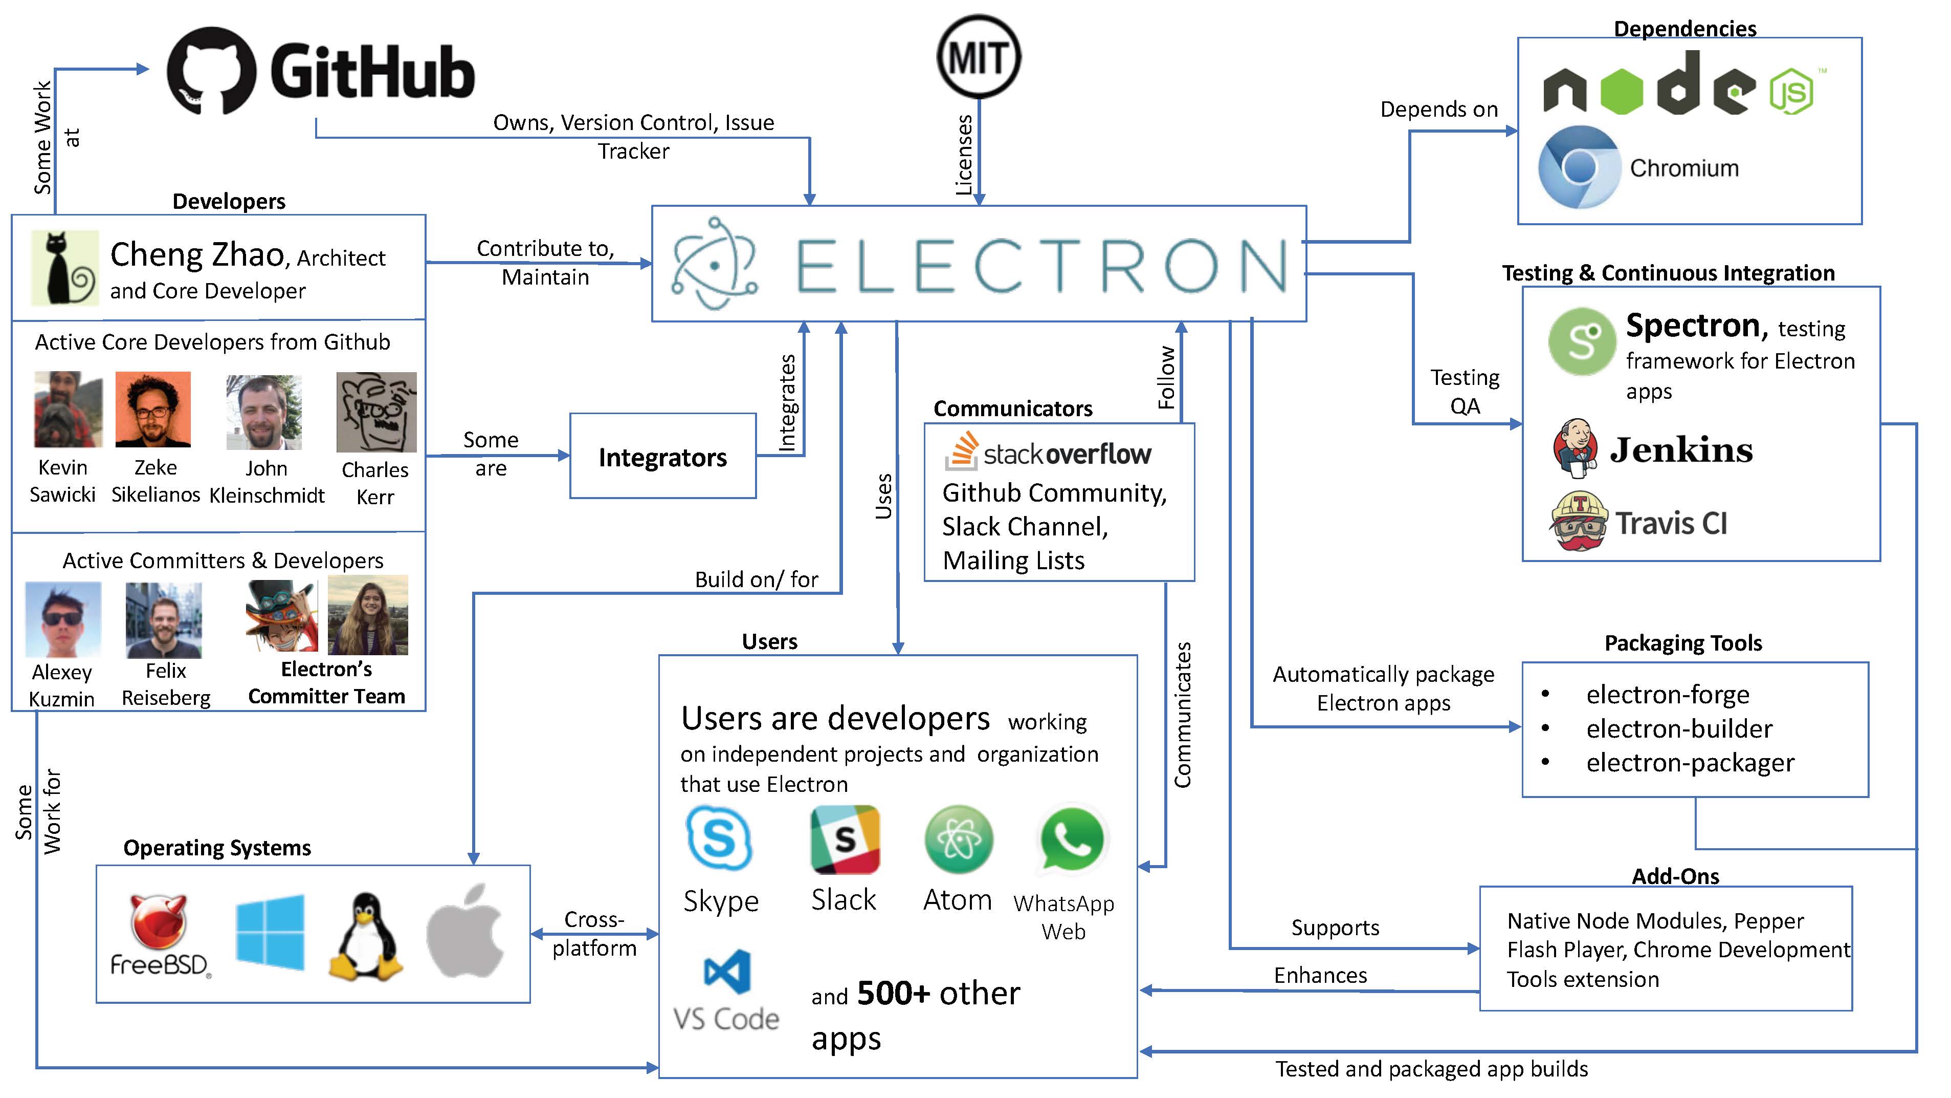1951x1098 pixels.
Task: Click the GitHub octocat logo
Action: point(211,71)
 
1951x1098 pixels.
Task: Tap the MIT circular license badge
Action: point(979,57)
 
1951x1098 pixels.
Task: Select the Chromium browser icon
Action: point(1579,167)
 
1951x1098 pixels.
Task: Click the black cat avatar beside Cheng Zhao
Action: point(65,268)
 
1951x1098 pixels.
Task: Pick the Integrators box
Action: point(663,456)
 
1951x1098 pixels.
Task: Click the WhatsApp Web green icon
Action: point(1071,839)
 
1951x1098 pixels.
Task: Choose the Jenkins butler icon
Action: point(1576,448)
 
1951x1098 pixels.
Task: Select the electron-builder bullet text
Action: point(1679,729)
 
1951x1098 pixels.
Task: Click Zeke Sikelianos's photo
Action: point(153,409)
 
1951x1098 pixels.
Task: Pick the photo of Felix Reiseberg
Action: point(164,620)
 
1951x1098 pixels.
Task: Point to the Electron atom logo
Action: point(714,264)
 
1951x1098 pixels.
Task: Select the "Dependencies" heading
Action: point(1684,29)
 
